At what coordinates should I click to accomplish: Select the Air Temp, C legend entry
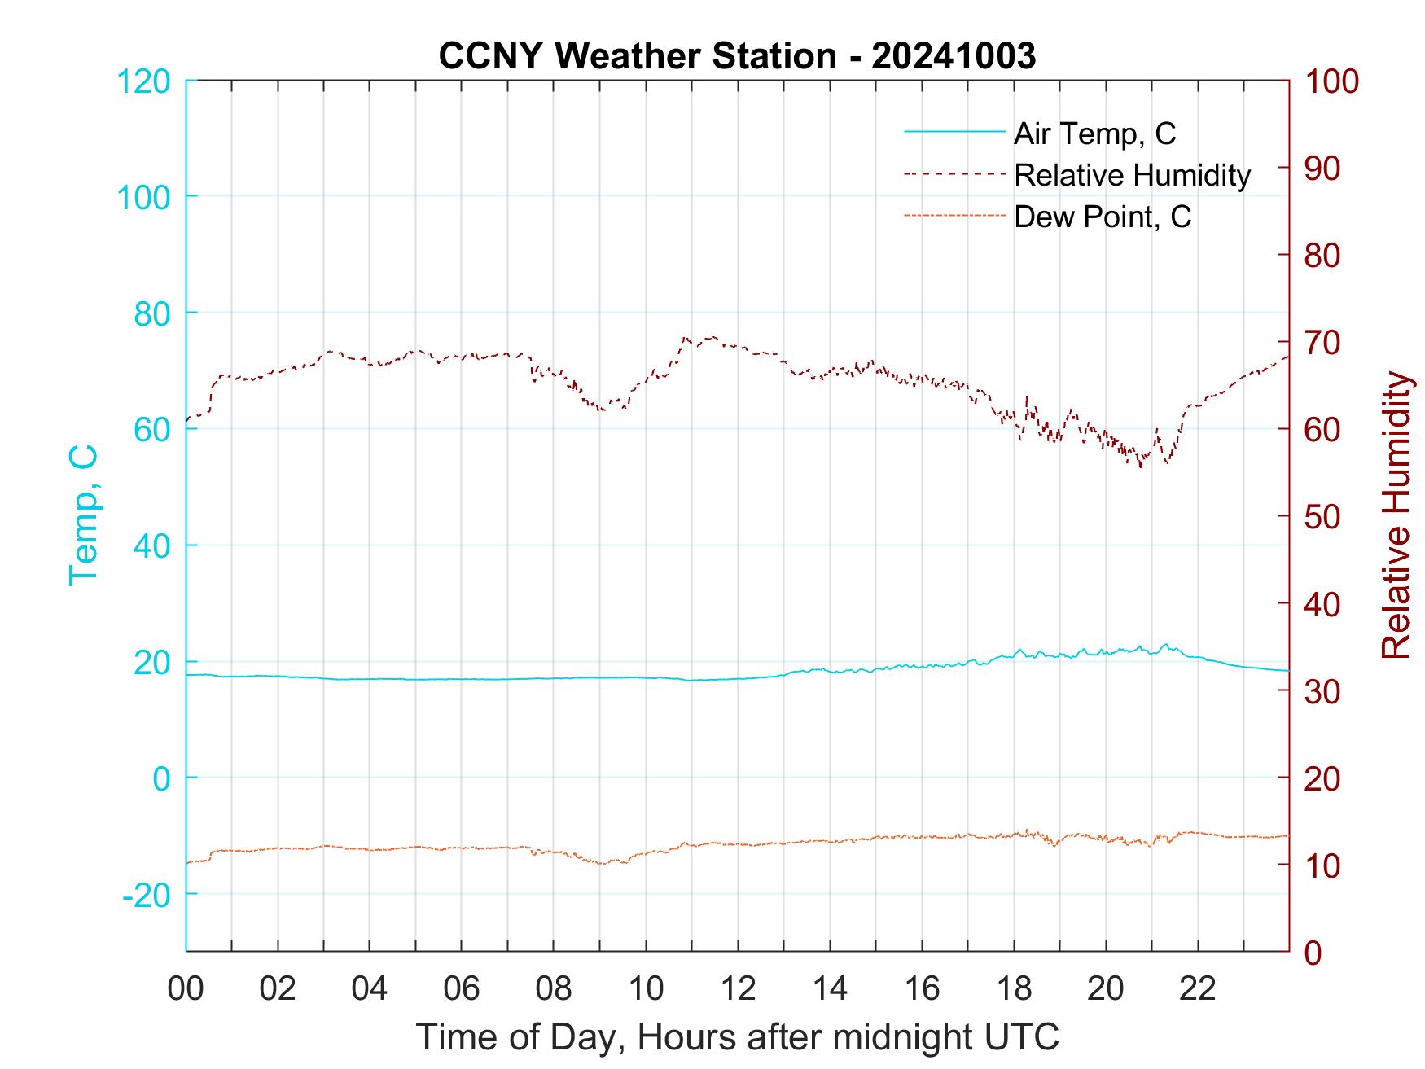[1094, 134]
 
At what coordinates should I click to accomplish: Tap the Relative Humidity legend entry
[1132, 175]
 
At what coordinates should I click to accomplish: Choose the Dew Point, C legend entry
[1102, 217]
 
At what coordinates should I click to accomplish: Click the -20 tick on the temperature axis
[147, 895]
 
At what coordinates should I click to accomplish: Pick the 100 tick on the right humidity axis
[1332, 81]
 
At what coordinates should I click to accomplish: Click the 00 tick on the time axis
[186, 988]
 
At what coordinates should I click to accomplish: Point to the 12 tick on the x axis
[738, 988]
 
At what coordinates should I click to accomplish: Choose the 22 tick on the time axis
[1198, 988]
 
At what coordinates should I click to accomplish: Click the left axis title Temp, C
[83, 515]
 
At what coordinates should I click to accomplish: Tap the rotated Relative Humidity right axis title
[1396, 515]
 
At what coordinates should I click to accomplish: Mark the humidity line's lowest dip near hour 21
[1140, 467]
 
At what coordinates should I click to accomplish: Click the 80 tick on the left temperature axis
[151, 313]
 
